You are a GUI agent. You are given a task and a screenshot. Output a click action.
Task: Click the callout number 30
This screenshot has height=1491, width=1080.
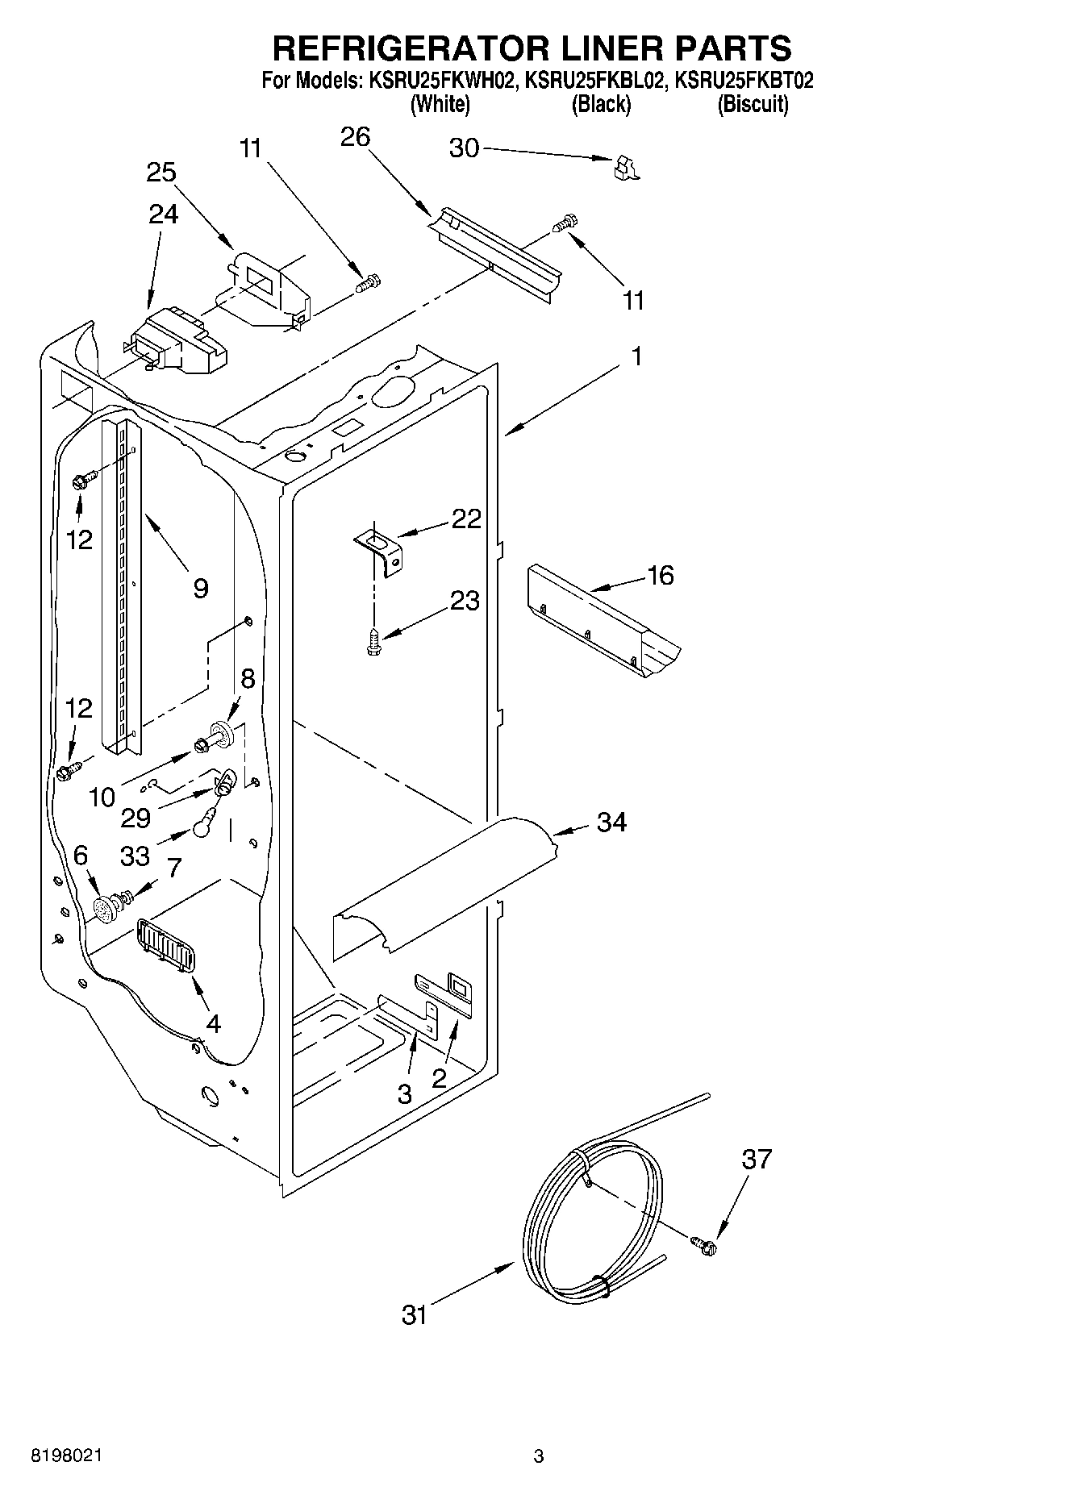(x=464, y=148)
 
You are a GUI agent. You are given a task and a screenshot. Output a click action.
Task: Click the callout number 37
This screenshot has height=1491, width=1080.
(x=757, y=1159)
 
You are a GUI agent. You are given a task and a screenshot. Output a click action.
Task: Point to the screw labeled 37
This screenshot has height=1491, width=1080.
(x=705, y=1245)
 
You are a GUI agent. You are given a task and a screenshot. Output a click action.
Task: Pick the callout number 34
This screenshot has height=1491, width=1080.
(x=611, y=823)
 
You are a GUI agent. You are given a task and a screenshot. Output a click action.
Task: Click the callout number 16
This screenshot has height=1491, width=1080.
(x=660, y=575)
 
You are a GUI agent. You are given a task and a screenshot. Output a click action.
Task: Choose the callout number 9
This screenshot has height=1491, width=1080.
(x=201, y=588)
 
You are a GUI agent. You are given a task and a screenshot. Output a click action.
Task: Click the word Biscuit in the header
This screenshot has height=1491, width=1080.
(x=753, y=104)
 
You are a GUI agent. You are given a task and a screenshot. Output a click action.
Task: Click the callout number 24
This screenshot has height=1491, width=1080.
(x=163, y=214)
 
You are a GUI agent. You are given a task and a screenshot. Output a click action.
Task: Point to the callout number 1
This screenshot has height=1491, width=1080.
(x=636, y=356)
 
